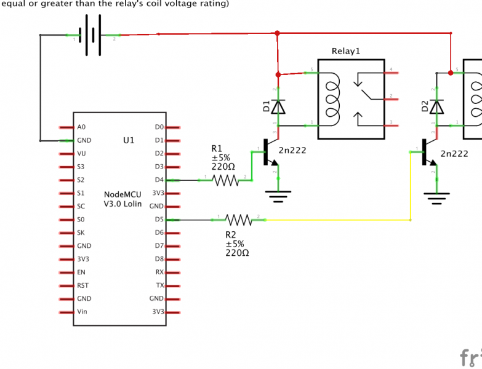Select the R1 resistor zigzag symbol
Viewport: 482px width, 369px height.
click(x=225, y=180)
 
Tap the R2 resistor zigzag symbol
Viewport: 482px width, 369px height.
click(x=238, y=220)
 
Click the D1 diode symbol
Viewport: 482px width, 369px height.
click(x=279, y=107)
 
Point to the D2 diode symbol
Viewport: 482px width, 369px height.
click(x=437, y=107)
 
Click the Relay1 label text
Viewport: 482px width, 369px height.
click(x=345, y=51)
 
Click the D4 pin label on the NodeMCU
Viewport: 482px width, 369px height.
click(x=159, y=180)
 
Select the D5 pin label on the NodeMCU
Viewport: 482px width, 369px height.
click(x=159, y=220)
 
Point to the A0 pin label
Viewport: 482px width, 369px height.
click(x=81, y=127)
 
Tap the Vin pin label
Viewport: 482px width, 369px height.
click(x=82, y=312)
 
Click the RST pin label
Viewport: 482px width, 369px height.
click(x=83, y=285)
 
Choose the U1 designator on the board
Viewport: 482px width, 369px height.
click(x=129, y=140)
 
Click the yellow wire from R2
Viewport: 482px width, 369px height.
click(x=339, y=220)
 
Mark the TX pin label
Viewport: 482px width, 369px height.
click(x=160, y=285)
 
